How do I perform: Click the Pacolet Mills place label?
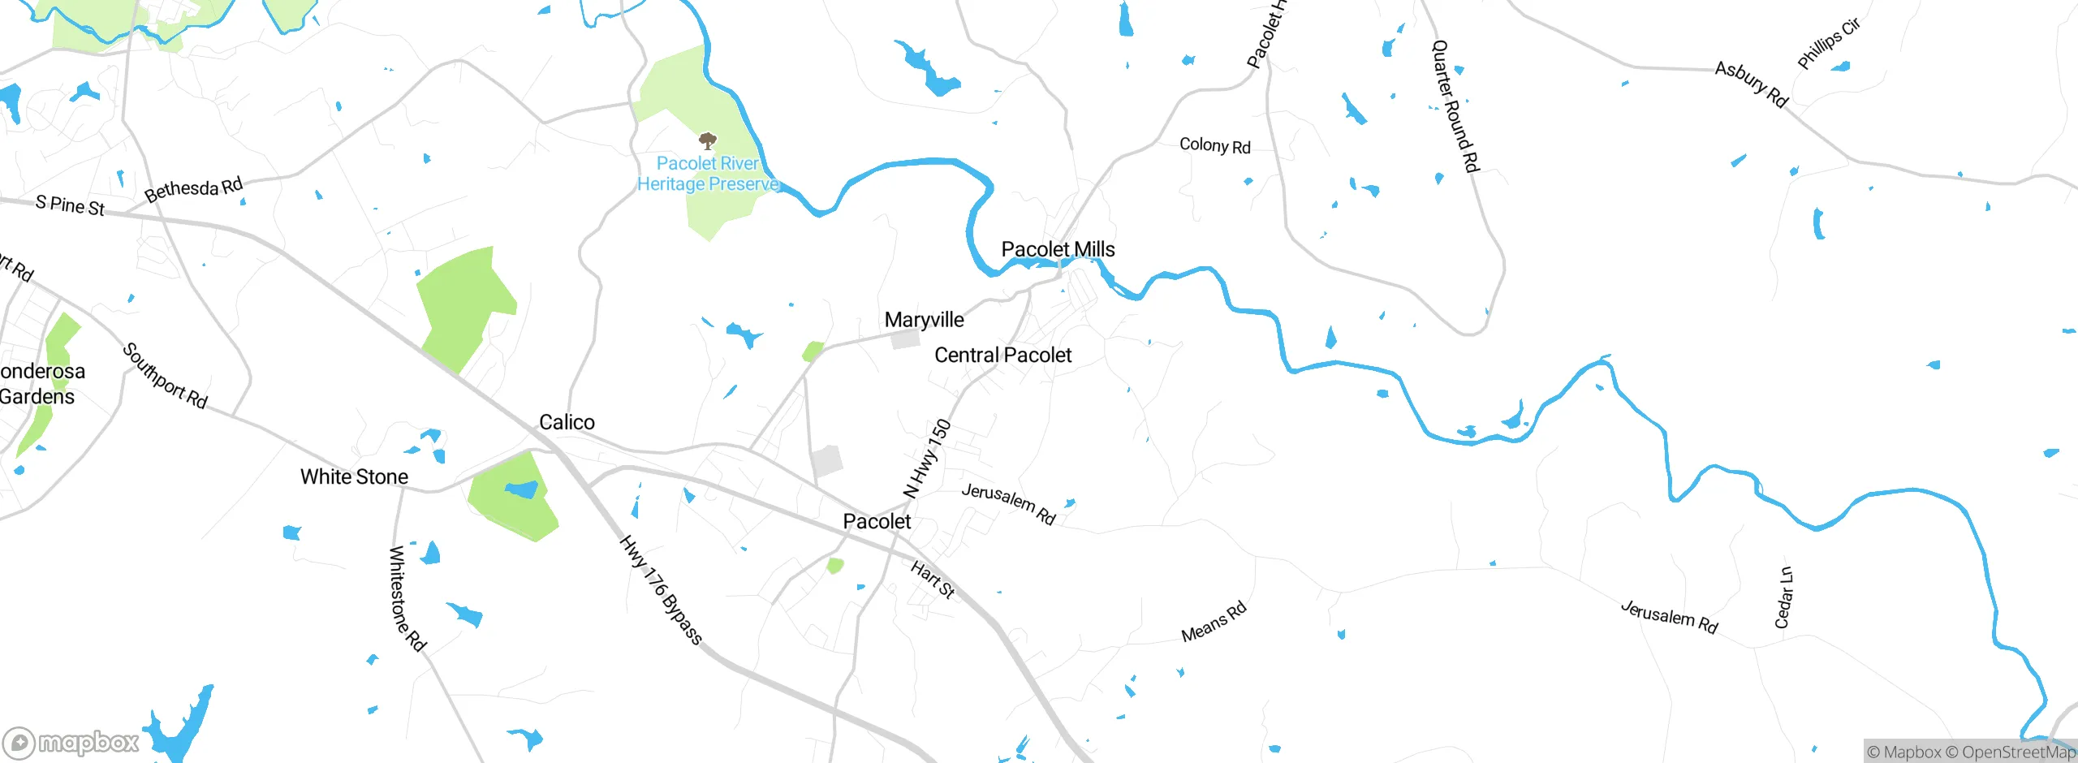pos(1058,249)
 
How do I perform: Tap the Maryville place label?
pos(924,320)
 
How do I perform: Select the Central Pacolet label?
pos(1002,355)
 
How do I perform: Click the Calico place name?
pos(567,422)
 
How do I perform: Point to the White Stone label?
pos(354,476)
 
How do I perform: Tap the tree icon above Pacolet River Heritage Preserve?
pos(708,141)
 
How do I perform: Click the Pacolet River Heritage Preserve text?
pos(708,174)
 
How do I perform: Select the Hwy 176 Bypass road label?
pos(661,590)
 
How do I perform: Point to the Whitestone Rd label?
pos(407,599)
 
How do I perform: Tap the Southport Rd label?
pos(165,376)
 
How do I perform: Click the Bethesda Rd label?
pos(193,189)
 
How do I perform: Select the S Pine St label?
pos(70,205)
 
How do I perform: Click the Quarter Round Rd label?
pos(1455,106)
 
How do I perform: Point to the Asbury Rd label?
pos(1751,84)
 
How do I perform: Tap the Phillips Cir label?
pos(1828,44)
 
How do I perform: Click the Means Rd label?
pos(1214,623)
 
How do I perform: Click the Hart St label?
pos(933,580)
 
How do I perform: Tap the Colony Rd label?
pos(1214,145)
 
